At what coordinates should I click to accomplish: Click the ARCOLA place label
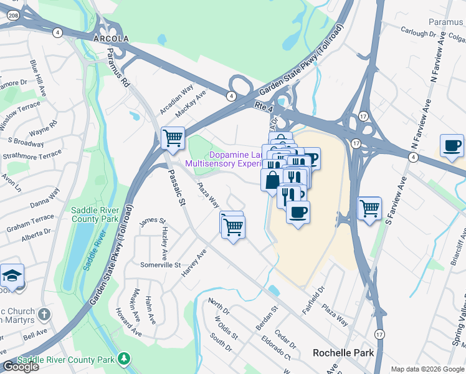click(x=110, y=39)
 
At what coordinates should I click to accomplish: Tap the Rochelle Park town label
click(x=343, y=353)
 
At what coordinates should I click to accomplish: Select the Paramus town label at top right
click(x=445, y=22)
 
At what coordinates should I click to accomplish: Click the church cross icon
click(x=44, y=314)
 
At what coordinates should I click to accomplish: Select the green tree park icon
click(x=125, y=358)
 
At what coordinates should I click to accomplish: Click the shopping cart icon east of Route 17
click(x=369, y=208)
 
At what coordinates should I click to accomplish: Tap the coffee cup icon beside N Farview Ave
click(x=452, y=146)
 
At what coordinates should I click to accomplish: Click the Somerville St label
click(x=159, y=266)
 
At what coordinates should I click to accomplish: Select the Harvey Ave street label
click(x=193, y=264)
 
